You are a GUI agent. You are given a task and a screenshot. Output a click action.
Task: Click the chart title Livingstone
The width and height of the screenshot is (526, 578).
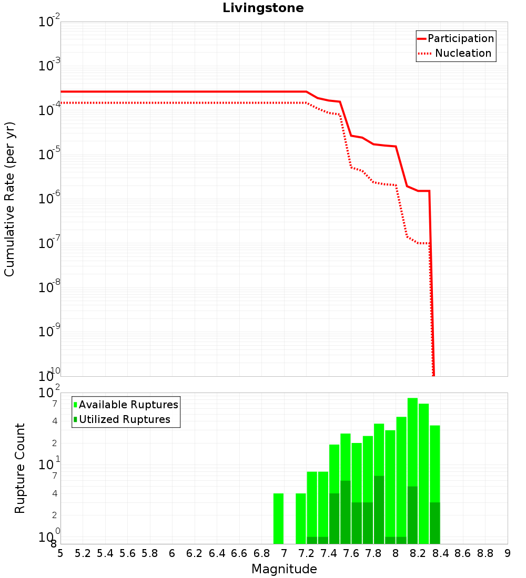pos(263,8)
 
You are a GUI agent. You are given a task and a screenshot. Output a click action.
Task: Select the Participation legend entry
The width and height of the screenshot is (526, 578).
pos(456,38)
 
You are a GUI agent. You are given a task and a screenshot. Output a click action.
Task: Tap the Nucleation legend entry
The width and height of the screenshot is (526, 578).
pos(456,53)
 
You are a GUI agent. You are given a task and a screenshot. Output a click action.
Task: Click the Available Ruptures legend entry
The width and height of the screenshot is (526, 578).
pos(126,405)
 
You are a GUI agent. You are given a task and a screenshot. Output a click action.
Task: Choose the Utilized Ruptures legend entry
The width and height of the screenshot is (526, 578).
pos(122,419)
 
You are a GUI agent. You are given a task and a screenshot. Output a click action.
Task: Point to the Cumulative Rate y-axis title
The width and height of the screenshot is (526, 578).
pos(9,199)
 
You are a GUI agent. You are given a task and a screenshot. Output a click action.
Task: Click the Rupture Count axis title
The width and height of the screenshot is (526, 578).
pos(19,468)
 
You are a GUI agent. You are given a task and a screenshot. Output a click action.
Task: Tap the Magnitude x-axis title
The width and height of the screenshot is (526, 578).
pos(284,569)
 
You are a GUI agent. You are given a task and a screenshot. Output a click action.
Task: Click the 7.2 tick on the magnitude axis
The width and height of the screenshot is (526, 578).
pos(306,553)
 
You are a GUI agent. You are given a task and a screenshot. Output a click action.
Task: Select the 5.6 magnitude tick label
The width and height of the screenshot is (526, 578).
pos(127,553)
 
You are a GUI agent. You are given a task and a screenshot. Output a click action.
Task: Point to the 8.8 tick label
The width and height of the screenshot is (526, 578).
pos(485,553)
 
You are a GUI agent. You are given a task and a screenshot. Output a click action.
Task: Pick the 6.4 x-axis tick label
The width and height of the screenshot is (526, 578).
pos(217,553)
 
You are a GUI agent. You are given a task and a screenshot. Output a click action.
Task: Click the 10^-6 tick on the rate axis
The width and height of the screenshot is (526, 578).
pos(49,197)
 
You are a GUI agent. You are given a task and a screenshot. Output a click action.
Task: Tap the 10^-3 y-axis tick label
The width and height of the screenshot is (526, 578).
pos(49,64)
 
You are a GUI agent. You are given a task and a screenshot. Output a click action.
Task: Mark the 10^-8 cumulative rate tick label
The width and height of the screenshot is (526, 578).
pos(49,286)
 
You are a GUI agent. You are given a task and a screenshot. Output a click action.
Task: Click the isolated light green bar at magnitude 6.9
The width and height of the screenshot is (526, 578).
pos(278,518)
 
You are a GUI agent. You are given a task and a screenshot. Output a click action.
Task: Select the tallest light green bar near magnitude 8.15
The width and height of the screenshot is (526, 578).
pos(412,471)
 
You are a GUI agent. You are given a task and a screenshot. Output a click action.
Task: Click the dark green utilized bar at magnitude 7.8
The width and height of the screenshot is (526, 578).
pos(379,510)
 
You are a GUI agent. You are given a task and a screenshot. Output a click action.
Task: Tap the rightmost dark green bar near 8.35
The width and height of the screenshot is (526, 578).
pos(435,523)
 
